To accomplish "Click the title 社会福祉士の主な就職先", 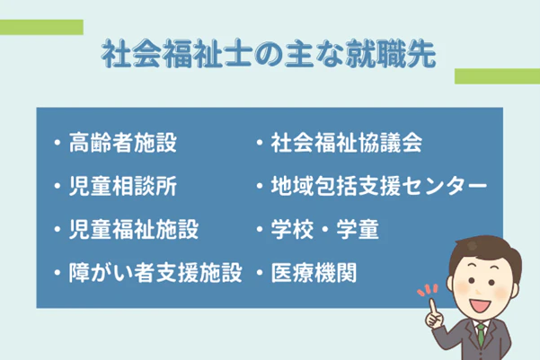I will pos(269,55).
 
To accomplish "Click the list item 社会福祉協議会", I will pos(346,143).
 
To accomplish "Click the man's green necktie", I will pos(482,336).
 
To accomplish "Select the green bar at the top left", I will pos(41,27).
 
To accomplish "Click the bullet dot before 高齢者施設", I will pos(57,144).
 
